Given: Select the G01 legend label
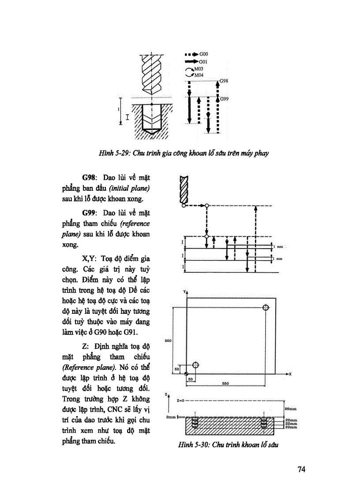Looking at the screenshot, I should click(203, 62).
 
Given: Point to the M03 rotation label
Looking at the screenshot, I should click(199, 69).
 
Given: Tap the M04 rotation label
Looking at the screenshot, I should click(199, 75).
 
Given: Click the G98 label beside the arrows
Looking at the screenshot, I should click(224, 81).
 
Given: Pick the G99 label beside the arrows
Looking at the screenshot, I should click(224, 99).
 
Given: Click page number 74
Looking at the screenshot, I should click(302, 469).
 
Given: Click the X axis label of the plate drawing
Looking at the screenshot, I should click(290, 374).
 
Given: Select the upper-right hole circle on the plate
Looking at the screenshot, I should click(265, 308).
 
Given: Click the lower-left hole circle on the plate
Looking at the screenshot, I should click(196, 365).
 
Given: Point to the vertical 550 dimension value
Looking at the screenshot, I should click(168, 341).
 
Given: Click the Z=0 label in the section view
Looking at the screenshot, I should click(180, 401).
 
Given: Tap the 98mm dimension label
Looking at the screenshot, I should click(291, 409).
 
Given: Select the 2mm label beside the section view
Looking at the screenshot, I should click(171, 417).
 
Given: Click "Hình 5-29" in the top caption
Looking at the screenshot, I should click(113, 153).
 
